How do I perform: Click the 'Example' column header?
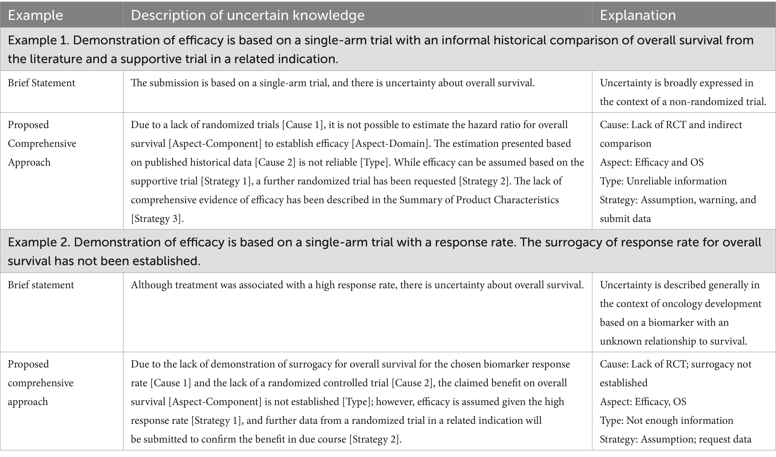tap(35, 15)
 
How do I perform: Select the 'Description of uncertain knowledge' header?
tap(248, 15)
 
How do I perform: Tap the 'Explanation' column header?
tap(638, 15)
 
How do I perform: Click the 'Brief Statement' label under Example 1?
tap(41, 83)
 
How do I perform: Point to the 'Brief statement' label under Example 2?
tap(41, 285)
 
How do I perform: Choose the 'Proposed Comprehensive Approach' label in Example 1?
tap(42, 143)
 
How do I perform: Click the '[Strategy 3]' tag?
tap(157, 219)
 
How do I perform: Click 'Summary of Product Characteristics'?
tap(479, 200)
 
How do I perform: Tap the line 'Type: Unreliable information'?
tap(663, 181)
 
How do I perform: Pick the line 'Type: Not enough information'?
tap(666, 420)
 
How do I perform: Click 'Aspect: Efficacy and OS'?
tap(651, 162)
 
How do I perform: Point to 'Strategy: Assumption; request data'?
tap(675, 439)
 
